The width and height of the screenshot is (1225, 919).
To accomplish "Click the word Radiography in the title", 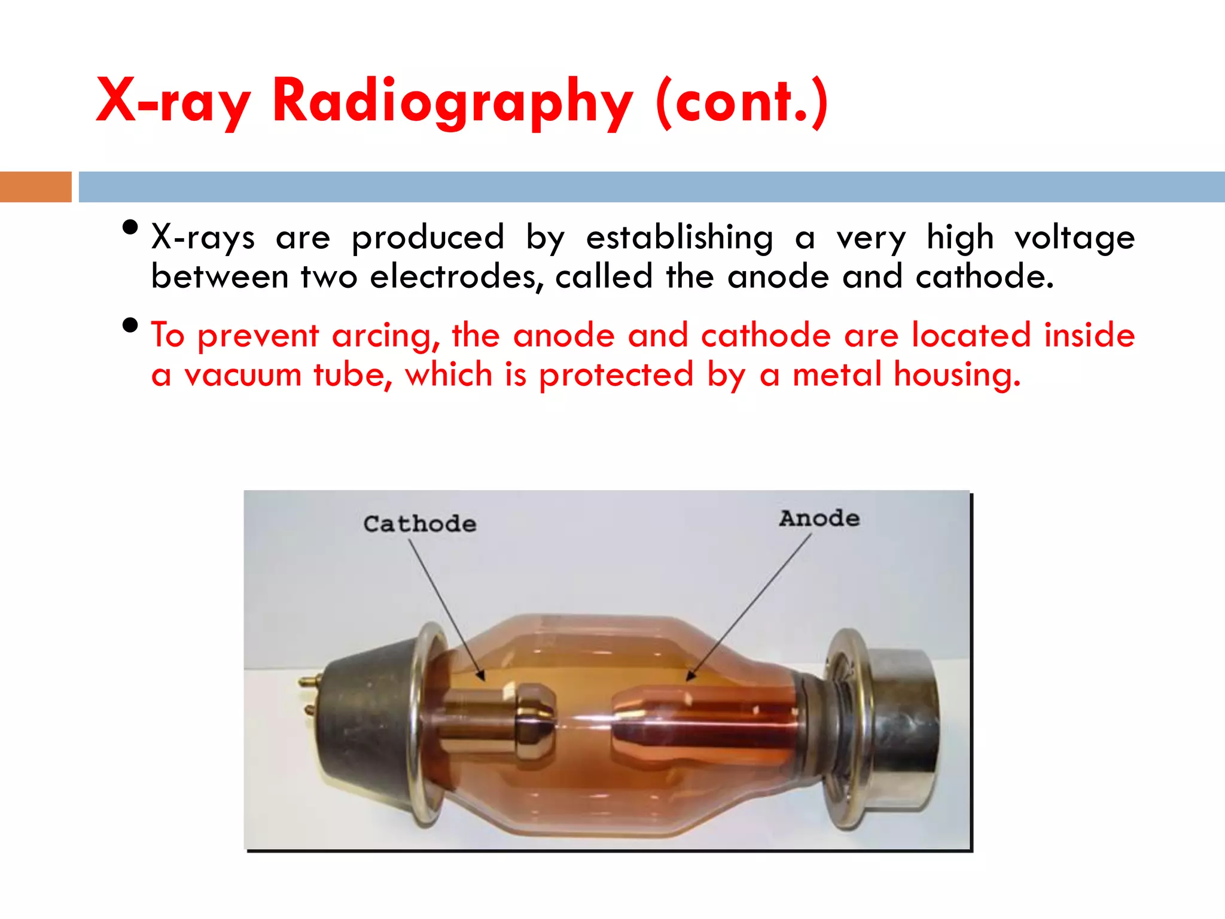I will coord(452,102).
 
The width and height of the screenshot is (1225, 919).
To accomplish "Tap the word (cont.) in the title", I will coord(742,102).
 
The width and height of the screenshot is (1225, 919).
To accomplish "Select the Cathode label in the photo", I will coord(420,524).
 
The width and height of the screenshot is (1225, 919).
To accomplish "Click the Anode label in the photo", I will coord(819,518).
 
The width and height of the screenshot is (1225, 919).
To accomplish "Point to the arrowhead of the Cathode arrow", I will coord(482,677).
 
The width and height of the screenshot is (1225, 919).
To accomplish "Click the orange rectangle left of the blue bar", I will coord(35,187).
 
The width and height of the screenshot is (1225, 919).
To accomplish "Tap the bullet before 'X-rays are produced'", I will coord(130,227).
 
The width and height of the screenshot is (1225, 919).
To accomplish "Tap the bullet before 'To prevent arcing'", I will coord(130,325).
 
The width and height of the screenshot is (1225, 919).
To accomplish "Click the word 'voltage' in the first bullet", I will coord(1074,238).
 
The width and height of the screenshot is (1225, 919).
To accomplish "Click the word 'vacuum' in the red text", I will coord(242,376).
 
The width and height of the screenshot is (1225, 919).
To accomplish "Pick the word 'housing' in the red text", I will coord(957,376).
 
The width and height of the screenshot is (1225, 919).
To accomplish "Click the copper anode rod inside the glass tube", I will coord(706,724).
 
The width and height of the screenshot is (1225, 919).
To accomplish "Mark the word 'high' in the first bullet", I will coord(959,238).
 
